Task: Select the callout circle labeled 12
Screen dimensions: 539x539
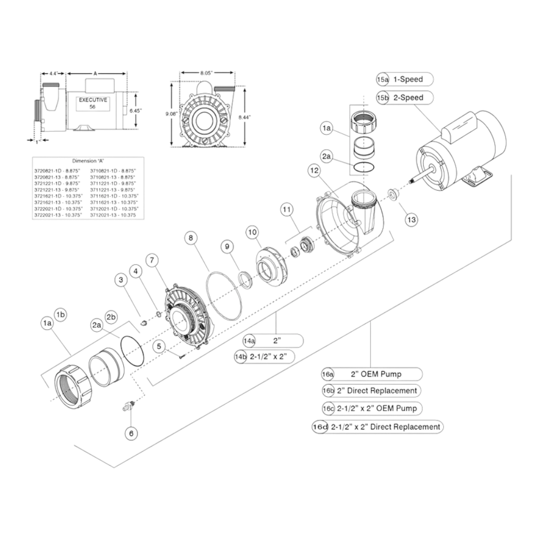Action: (314, 171)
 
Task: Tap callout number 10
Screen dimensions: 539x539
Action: (252, 232)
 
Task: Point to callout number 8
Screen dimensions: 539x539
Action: (190, 239)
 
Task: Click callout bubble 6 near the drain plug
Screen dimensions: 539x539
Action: (131, 434)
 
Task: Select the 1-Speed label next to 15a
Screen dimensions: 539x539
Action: (408, 79)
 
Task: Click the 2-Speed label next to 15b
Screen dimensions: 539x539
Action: (408, 98)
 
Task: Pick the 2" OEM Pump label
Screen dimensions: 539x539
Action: (377, 374)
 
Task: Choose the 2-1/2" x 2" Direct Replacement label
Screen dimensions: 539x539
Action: (385, 427)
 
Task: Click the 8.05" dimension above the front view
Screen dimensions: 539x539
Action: (206, 73)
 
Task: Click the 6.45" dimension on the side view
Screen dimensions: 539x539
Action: (135, 110)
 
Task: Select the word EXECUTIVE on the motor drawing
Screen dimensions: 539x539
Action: (93, 100)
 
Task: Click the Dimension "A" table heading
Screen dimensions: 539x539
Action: (88, 161)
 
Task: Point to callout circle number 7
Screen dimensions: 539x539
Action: (152, 260)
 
